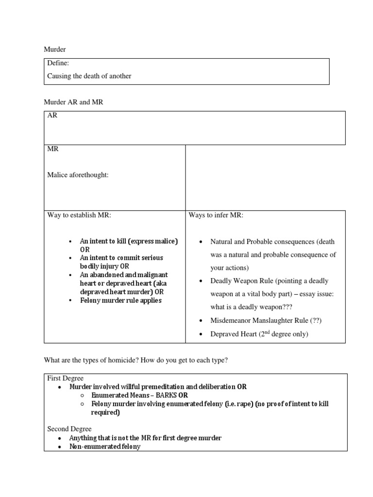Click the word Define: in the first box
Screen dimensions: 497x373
58,64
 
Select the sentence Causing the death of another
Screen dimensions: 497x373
89,76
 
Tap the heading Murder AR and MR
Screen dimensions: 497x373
73,102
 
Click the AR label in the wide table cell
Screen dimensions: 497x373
52,116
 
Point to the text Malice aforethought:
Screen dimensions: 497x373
78,175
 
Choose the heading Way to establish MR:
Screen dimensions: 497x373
79,215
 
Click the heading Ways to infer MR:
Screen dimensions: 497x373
216,215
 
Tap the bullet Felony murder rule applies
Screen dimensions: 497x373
120,300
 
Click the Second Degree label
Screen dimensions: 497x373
69,429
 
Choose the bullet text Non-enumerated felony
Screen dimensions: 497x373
104,446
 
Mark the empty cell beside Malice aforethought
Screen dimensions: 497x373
265,177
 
